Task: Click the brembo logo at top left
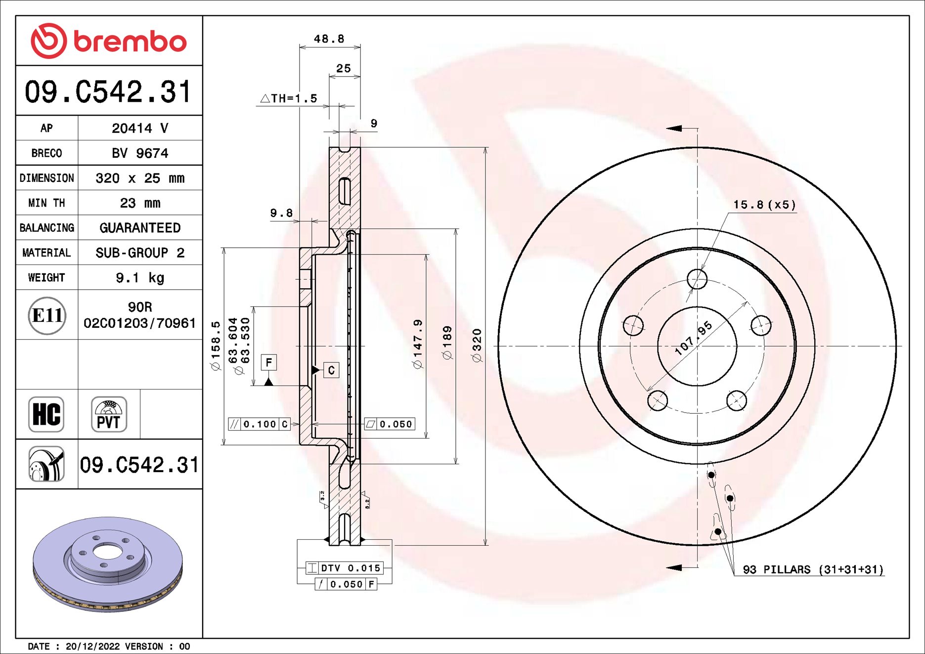109,41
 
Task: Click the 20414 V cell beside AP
140,129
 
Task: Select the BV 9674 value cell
140,153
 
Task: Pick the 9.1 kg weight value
140,278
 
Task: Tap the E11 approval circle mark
47,315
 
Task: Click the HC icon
46,414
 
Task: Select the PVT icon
109,414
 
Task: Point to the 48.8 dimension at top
329,39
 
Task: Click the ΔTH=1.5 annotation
289,98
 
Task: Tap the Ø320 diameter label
477,345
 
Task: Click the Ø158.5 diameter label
216,345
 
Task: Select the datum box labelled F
268,362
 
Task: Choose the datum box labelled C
331,370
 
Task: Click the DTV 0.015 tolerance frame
344,568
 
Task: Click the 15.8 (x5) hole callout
764,205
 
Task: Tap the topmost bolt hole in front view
697,279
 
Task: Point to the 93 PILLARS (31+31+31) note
813,569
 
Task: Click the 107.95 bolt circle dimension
694,338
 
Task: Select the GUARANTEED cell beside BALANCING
140,228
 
